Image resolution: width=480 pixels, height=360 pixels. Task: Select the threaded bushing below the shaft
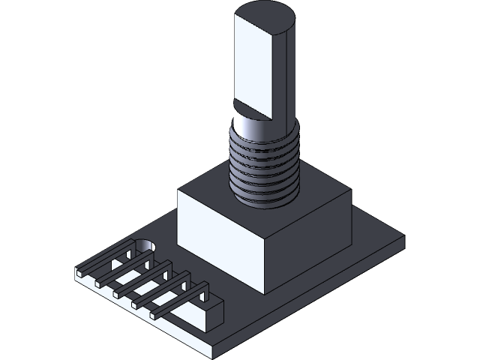(264, 169)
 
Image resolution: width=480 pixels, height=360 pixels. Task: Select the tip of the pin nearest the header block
(155, 315)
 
